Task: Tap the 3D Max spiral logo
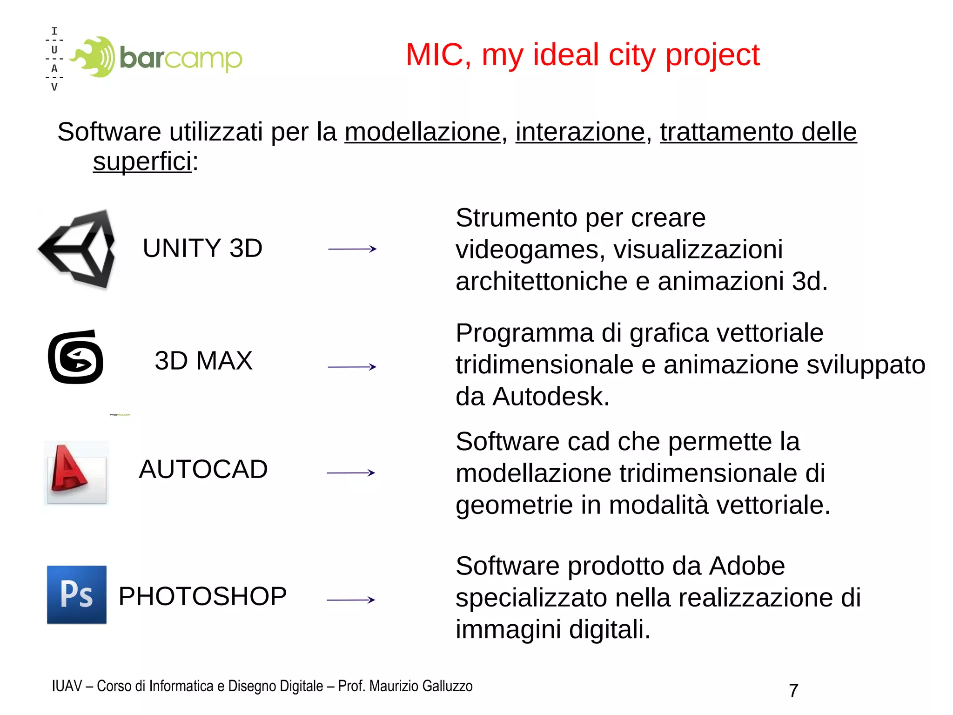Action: [75, 357]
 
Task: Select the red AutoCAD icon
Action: [76, 472]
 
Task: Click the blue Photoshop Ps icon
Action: [77, 594]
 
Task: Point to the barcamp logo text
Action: [181, 58]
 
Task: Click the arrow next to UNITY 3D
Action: [352, 249]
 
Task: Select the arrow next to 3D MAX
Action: [352, 367]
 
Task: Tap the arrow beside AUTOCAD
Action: [351, 473]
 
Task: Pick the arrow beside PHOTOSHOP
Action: [351, 600]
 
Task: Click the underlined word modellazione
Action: [422, 132]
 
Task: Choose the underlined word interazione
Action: [580, 132]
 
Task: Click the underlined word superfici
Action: [142, 162]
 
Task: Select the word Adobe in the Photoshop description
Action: [747, 566]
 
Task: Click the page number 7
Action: [794, 690]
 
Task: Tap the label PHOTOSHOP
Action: [202, 596]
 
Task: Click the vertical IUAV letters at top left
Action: [54, 59]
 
